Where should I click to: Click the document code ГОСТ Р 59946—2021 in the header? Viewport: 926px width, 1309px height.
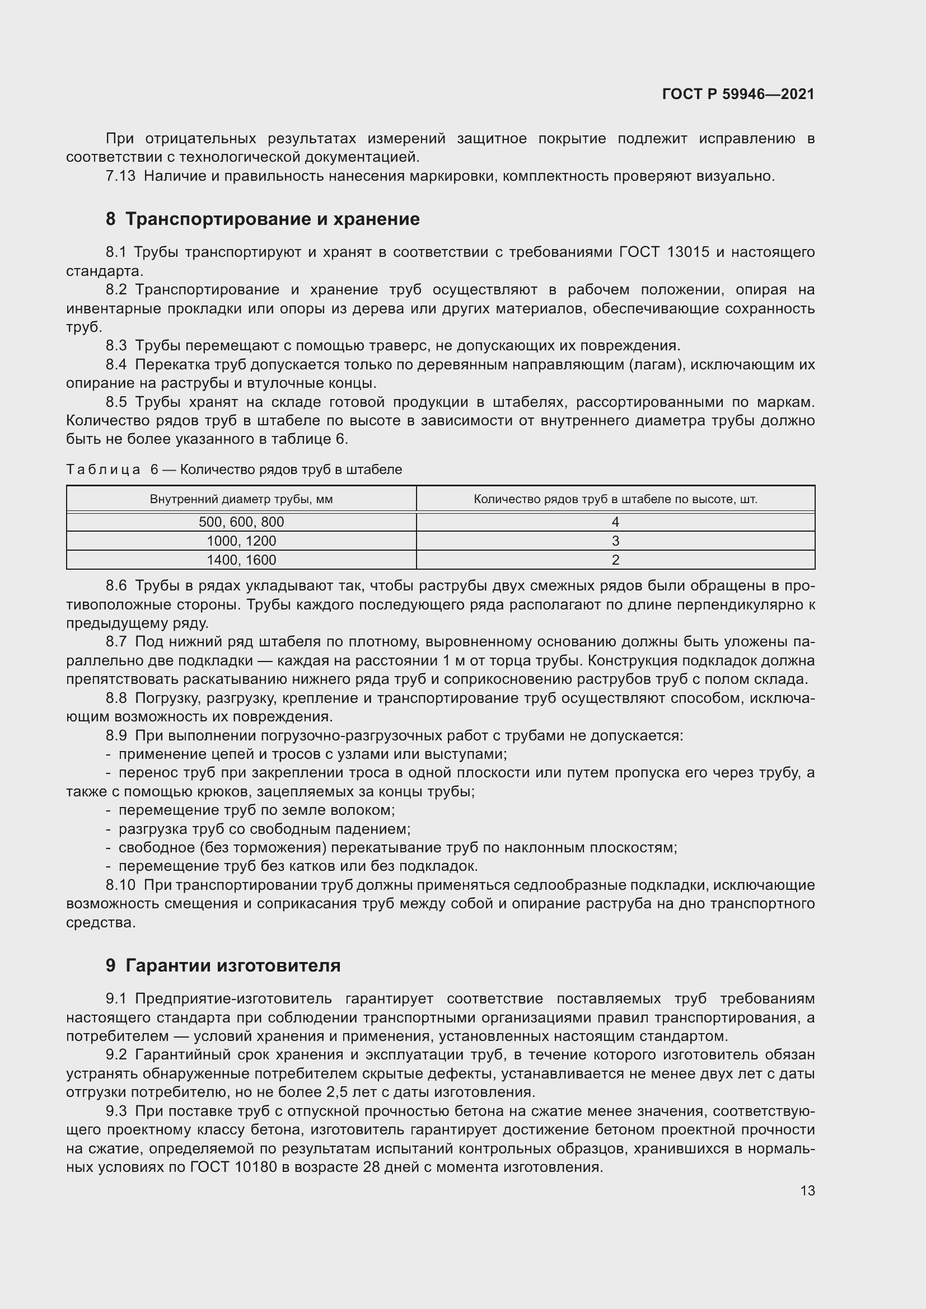point(738,94)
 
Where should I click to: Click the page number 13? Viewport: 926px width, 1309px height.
point(807,1190)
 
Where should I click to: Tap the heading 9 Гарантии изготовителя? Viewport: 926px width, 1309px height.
point(223,965)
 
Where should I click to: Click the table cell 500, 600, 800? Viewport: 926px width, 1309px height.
point(241,522)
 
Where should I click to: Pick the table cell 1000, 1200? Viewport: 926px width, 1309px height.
point(241,541)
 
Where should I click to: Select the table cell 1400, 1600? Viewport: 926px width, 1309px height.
point(241,560)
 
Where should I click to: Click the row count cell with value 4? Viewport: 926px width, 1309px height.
point(615,522)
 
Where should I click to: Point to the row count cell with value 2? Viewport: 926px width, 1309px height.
point(615,560)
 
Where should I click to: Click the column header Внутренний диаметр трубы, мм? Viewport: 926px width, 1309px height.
point(241,499)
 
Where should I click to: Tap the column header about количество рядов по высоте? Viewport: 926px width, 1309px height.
point(615,499)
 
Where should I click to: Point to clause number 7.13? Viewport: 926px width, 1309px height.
point(120,176)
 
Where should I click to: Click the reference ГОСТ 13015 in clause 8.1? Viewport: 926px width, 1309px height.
point(664,252)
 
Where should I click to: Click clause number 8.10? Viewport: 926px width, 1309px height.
point(120,885)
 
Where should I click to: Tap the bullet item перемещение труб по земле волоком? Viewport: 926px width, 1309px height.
point(256,810)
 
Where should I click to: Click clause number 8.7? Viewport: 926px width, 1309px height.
point(116,642)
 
